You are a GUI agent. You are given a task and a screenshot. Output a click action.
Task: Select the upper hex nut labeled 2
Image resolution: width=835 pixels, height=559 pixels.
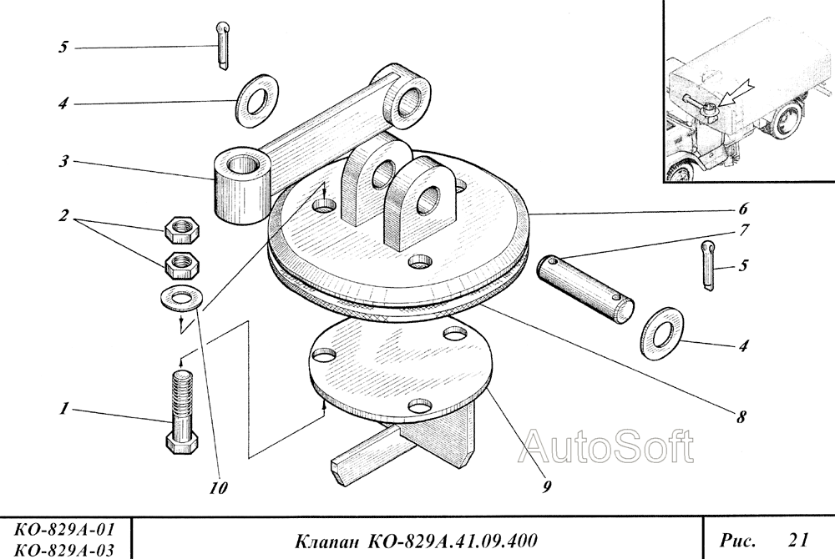pyautogui.click(x=181, y=229)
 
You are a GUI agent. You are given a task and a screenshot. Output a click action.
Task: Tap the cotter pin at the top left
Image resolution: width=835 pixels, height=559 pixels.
pyautogui.click(x=223, y=46)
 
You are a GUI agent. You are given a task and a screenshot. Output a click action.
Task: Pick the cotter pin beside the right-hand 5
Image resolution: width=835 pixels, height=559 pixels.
pyautogui.click(x=708, y=265)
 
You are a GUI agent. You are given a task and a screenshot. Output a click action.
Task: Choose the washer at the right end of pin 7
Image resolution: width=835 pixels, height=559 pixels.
pyautogui.click(x=662, y=334)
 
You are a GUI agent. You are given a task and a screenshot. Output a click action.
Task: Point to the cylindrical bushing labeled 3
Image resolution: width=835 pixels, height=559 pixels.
pyautogui.click(x=243, y=187)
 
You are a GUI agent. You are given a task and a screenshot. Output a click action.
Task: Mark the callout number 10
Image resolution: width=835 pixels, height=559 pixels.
pyautogui.click(x=218, y=488)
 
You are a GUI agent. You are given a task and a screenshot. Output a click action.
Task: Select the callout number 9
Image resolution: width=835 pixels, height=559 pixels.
pyautogui.click(x=547, y=486)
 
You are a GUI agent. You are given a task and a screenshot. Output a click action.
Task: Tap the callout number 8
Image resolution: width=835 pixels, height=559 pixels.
pyautogui.click(x=741, y=417)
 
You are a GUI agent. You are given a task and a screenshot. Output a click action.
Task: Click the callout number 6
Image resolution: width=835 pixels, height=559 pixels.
pyautogui.click(x=743, y=209)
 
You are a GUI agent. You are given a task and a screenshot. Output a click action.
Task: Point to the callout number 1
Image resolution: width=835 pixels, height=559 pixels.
pyautogui.click(x=64, y=409)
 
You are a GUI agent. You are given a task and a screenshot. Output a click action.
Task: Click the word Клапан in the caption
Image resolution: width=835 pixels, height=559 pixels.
pyautogui.click(x=327, y=541)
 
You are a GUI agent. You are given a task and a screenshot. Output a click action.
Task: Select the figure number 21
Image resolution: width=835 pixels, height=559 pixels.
pyautogui.click(x=798, y=540)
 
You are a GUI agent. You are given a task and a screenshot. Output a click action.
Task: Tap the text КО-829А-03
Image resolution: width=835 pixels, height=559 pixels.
pyautogui.click(x=64, y=550)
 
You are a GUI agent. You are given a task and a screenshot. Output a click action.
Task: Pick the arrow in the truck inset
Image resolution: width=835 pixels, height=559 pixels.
pyautogui.click(x=733, y=93)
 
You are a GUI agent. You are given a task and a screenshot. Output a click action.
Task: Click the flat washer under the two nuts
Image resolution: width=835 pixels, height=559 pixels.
pyautogui.click(x=180, y=297)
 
